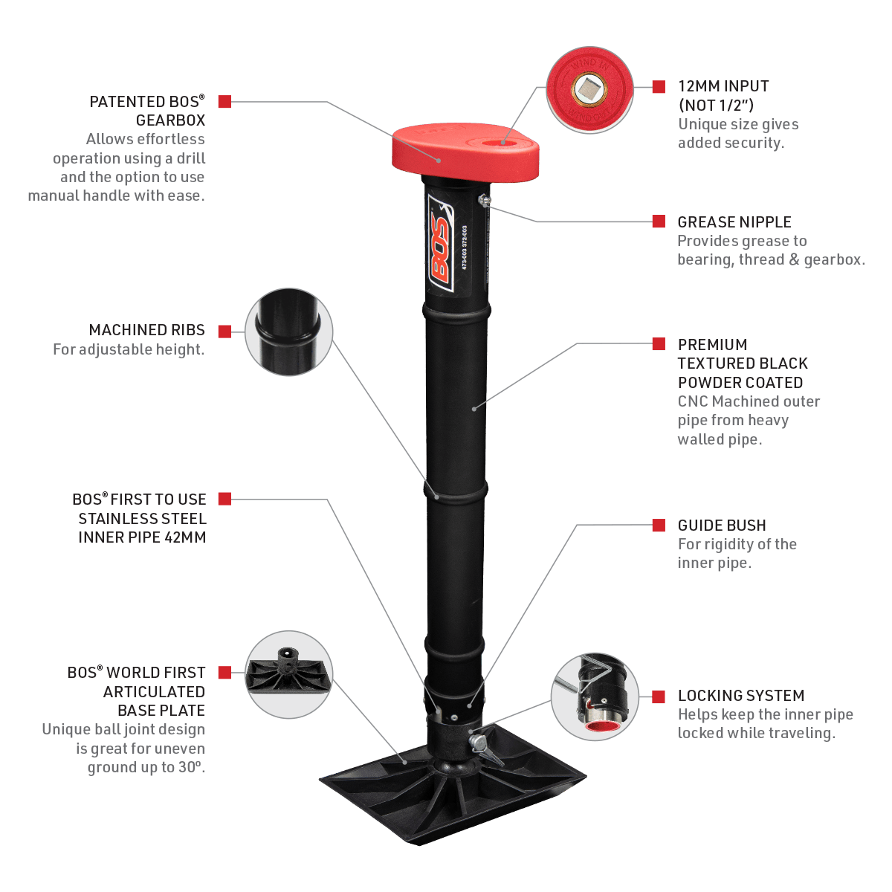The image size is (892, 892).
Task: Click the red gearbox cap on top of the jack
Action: coord(465,152)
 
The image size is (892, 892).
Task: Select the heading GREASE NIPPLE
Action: coord(734,222)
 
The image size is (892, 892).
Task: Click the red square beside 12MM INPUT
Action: coord(659,86)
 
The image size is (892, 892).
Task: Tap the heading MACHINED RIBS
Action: coord(147,330)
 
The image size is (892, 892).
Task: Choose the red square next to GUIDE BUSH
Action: coord(659,526)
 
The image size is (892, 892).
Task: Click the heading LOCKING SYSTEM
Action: coord(740,696)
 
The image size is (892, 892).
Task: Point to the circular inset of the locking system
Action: coord(595,697)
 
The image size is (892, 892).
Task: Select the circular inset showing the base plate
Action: coord(288,675)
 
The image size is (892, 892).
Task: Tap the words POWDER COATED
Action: coord(740,383)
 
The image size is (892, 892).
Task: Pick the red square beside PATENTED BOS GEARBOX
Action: coord(225,102)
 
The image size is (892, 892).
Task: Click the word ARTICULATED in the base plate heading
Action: coord(154,691)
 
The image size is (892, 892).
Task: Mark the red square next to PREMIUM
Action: coord(659,343)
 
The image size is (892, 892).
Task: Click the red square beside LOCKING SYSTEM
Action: coord(659,696)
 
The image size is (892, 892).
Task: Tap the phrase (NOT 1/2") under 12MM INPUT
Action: coord(716,106)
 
